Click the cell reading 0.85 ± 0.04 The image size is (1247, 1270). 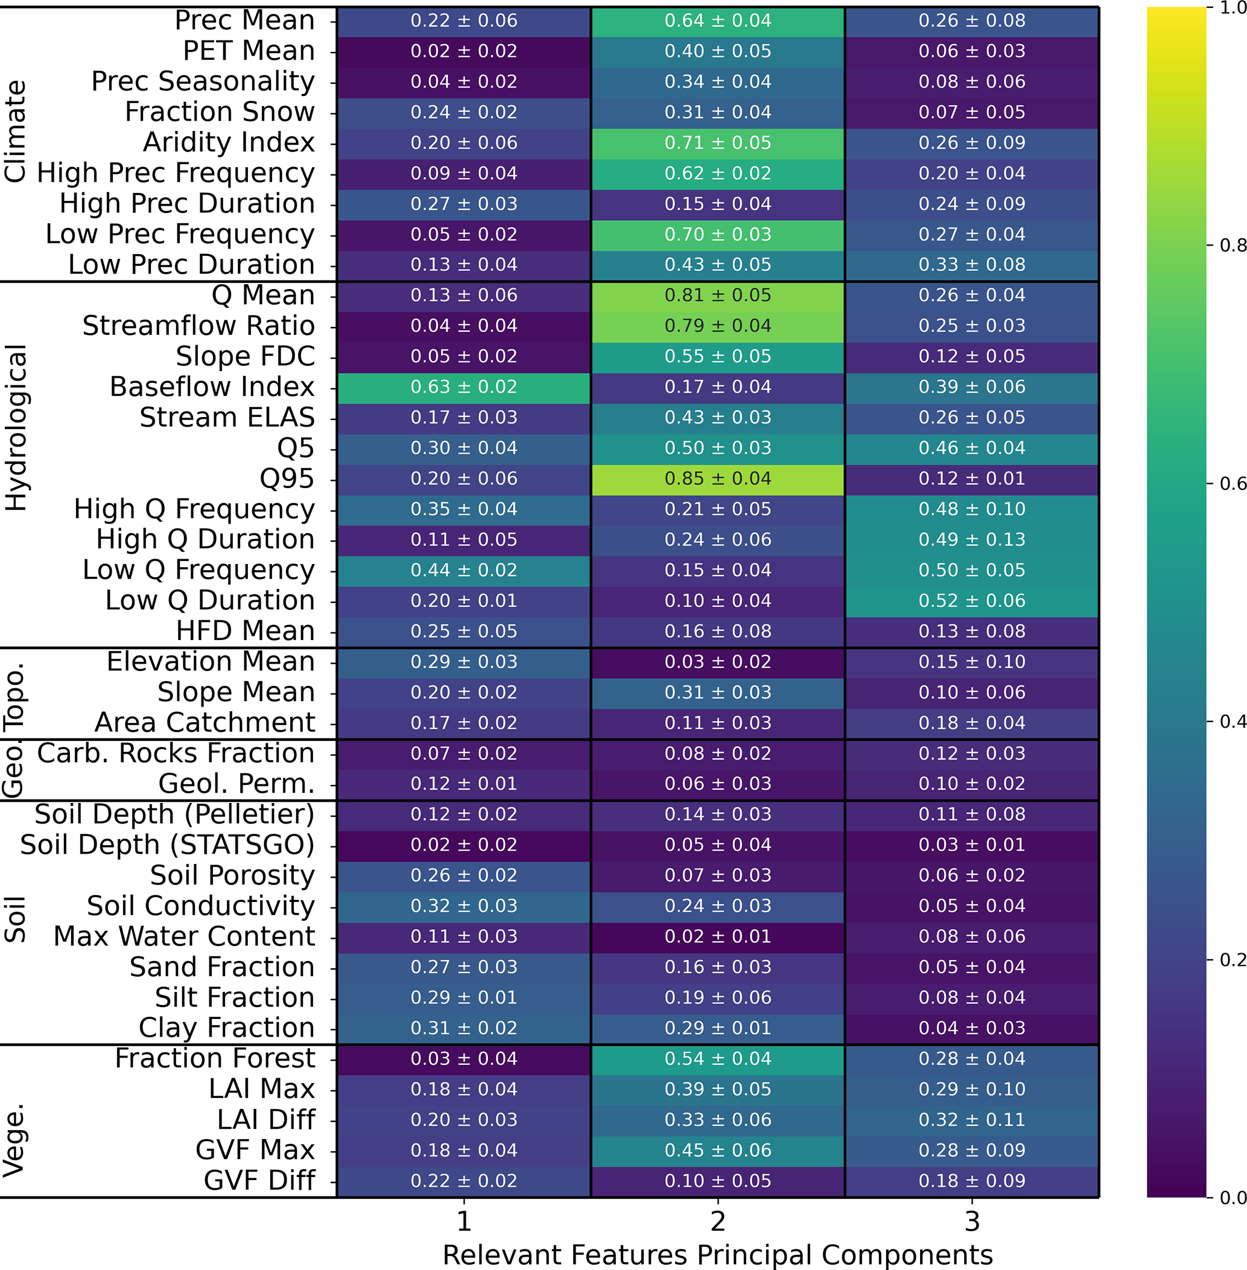click(718, 479)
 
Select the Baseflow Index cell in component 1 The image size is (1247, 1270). click(464, 387)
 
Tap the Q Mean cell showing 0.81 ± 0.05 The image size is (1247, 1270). click(718, 296)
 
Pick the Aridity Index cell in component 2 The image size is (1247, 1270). click(718, 143)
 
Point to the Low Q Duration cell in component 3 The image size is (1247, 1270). click(972, 601)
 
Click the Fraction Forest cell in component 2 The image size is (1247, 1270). click(718, 1058)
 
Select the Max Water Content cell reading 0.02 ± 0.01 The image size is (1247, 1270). click(718, 936)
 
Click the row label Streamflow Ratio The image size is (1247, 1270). click(198, 326)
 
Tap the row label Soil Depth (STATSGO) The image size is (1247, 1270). click(167, 845)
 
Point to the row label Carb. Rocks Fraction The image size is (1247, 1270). click(176, 753)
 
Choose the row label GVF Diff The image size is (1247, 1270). click(259, 1181)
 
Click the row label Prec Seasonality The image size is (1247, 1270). click(203, 81)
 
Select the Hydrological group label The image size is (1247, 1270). click(16, 427)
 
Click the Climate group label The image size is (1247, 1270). click(16, 131)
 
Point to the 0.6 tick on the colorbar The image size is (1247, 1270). click(1232, 483)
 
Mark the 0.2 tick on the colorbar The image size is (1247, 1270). click(1232, 960)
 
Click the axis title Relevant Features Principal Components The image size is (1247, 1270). click(718, 1255)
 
